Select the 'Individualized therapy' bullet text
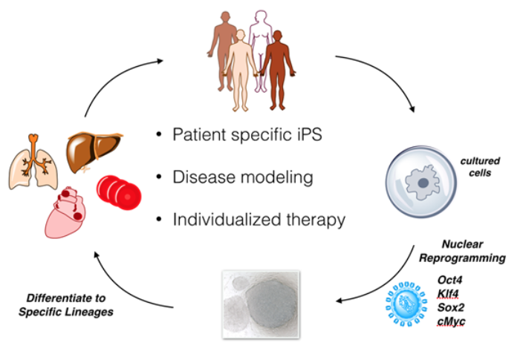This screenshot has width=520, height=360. (x=259, y=220)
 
